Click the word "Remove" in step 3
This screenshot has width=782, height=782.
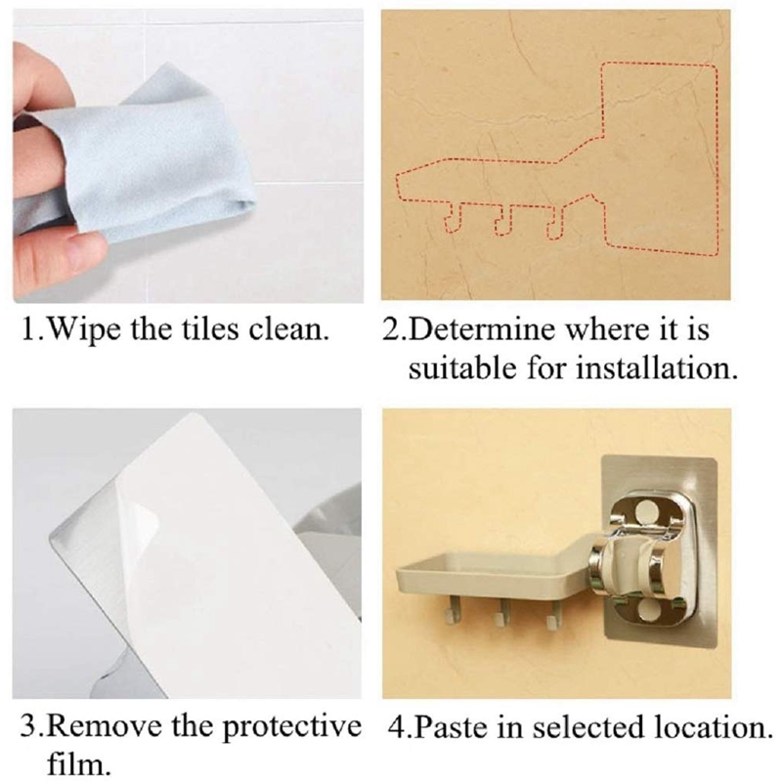point(106,726)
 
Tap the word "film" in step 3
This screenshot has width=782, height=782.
point(73,763)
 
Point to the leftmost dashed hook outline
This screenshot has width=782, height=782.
point(453,218)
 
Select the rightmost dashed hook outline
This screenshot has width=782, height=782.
point(555,221)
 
